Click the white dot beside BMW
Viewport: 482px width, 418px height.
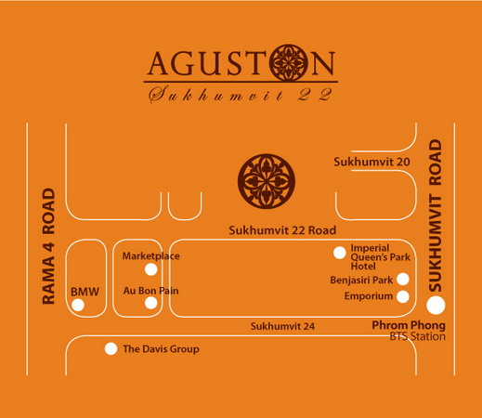click(x=78, y=306)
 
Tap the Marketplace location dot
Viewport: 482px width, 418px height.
click(x=151, y=269)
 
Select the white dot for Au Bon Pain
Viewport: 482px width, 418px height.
click(x=151, y=303)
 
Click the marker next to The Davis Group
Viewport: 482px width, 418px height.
click(x=111, y=349)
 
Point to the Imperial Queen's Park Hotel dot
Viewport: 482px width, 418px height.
click(x=340, y=253)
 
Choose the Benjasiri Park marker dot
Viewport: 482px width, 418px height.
click(x=403, y=280)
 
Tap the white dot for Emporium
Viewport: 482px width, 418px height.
click(x=403, y=296)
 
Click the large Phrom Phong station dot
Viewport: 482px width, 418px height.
click(x=436, y=306)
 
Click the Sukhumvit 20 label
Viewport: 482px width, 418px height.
click(x=371, y=162)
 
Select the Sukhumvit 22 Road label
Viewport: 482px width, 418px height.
click(x=282, y=230)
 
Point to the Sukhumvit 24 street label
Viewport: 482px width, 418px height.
click(x=282, y=326)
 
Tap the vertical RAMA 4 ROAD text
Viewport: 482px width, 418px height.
click(x=48, y=246)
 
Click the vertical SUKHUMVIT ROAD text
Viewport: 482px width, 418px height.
click(x=436, y=216)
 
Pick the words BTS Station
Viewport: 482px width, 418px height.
click(x=417, y=336)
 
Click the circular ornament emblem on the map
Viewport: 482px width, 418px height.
click(x=267, y=181)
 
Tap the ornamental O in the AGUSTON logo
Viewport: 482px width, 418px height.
click(x=289, y=63)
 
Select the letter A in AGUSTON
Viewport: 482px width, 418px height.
click(x=159, y=63)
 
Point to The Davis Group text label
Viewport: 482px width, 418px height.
click(x=161, y=349)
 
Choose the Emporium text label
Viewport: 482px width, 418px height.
click(x=369, y=296)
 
